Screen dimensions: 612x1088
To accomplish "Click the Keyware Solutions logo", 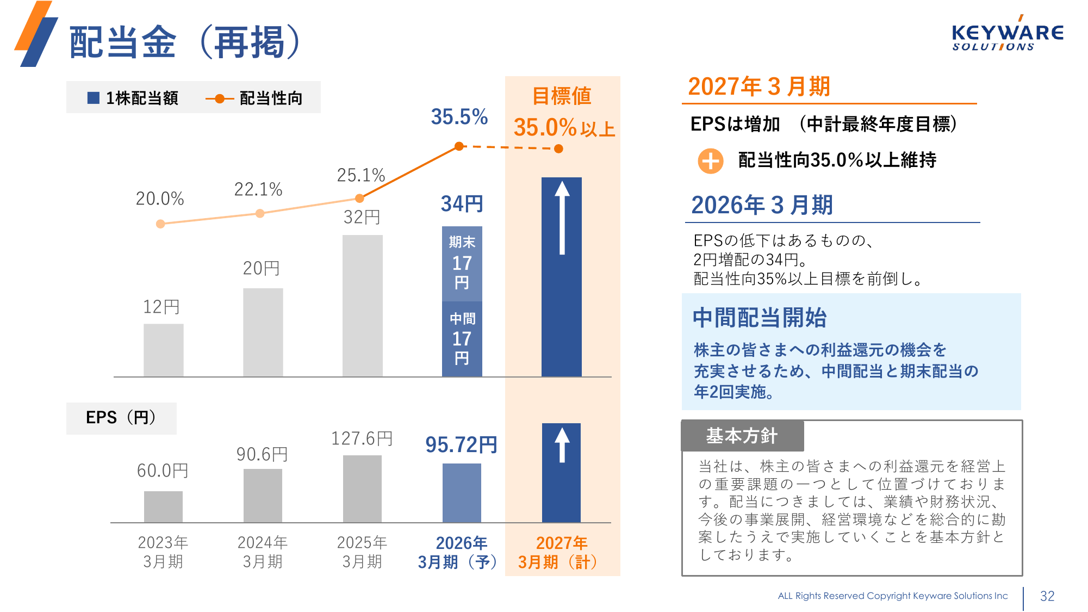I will pos(1007,36).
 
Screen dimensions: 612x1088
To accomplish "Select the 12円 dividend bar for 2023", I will pos(163,350).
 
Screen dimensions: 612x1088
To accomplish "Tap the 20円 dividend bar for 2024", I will pos(263,332).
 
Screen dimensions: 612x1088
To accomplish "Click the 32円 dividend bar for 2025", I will pos(362,305).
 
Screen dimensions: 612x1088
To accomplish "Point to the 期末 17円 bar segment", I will pos(462,264).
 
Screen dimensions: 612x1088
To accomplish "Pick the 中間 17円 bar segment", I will pos(462,339).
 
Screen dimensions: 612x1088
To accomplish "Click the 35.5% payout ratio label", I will pos(459,117).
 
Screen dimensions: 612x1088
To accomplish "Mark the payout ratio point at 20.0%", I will pos(160,224).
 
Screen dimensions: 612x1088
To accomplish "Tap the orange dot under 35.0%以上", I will pos(558,149).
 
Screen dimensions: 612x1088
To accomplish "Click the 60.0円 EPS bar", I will pos(163,506).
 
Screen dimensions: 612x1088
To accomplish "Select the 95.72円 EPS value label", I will pos(461,445).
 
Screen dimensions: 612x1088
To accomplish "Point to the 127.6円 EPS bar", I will pos(362,489).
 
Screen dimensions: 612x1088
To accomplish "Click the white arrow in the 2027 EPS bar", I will pos(562,445).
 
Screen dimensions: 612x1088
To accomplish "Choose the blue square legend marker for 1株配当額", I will pos(94,98).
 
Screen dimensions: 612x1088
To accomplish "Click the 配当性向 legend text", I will pos(271,98).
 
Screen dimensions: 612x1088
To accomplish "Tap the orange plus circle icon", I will pos(710,161).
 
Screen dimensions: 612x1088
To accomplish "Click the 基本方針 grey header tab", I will pos(742,436).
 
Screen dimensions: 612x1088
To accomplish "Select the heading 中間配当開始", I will pos(760,318).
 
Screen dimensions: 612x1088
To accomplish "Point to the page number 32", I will pos(1047,596).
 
